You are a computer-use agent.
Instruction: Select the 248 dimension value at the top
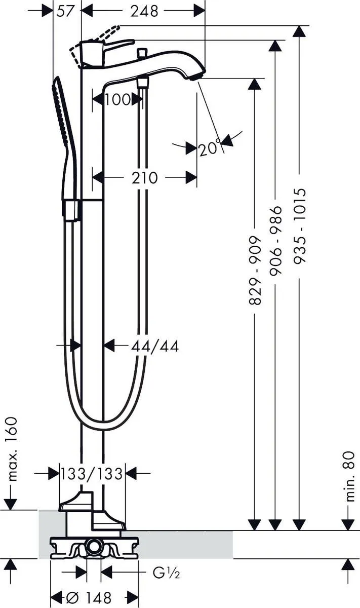click(x=143, y=11)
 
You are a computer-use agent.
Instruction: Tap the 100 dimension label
click(x=117, y=100)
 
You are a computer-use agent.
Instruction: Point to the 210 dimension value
click(x=144, y=178)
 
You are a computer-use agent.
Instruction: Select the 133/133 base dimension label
click(x=92, y=474)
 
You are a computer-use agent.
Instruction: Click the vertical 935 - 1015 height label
click(x=301, y=225)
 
